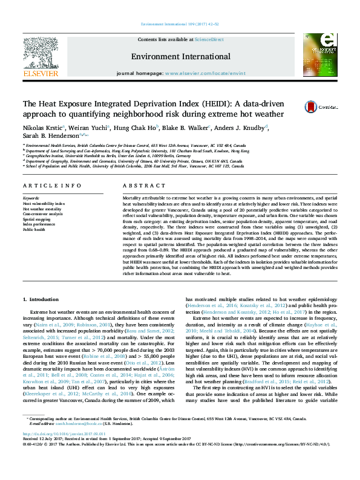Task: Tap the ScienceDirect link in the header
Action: (209, 40)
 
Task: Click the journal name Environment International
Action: (180, 57)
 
